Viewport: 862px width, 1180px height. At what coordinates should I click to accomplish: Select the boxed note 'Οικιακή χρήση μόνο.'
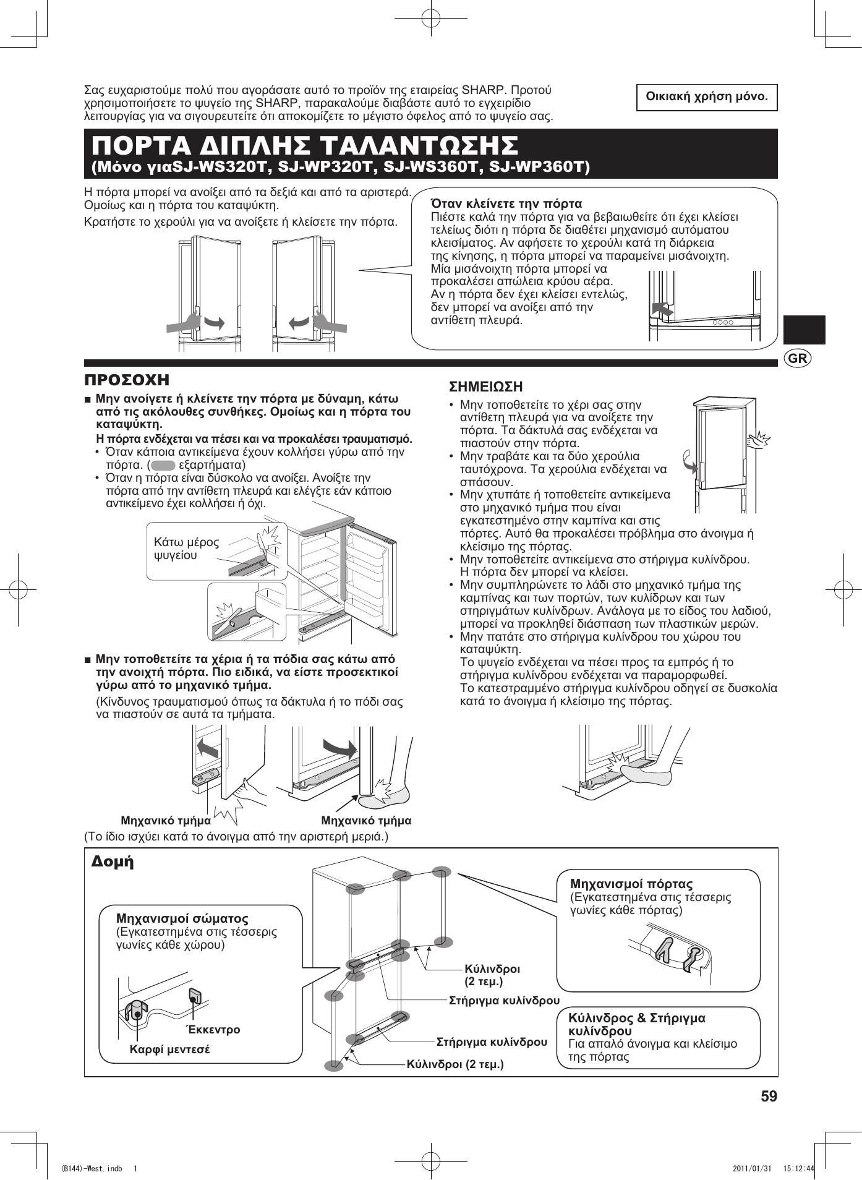(707, 97)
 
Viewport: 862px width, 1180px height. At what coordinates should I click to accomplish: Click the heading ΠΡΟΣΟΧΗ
(127, 380)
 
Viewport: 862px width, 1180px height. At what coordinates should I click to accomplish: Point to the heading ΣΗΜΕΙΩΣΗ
(485, 387)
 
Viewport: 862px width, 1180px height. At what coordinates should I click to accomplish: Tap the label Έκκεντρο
(214, 1030)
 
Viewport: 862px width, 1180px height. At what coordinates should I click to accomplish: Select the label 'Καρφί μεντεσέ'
(169, 1050)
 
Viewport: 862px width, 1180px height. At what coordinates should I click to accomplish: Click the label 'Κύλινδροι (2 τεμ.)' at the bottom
(455, 1064)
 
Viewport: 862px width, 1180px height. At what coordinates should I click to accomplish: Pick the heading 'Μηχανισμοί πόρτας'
(631, 884)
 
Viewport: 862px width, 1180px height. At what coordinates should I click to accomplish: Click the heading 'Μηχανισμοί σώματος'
(182, 918)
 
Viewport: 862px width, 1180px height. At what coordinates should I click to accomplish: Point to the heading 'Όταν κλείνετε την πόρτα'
(506, 203)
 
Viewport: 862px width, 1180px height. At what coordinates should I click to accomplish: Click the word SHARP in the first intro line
(484, 90)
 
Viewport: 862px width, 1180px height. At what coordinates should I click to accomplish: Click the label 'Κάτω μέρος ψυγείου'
(186, 549)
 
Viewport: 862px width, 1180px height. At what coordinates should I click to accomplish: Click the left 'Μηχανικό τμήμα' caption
(166, 821)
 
